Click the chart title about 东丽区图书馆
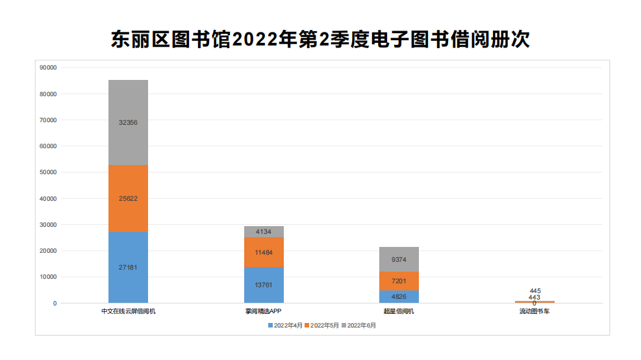pyautogui.click(x=320, y=40)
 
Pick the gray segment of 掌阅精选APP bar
pyautogui.click(x=264, y=231)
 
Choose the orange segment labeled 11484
pyautogui.click(x=264, y=252)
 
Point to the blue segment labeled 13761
pyautogui.click(x=264, y=285)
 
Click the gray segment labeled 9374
pyautogui.click(x=399, y=259)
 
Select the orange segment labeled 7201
pyautogui.click(x=399, y=281)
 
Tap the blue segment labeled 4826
pyautogui.click(x=399, y=296)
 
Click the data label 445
pyautogui.click(x=534, y=290)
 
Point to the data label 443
pyautogui.click(x=534, y=297)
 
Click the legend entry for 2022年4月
pyautogui.click(x=286, y=325)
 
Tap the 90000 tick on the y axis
pyautogui.click(x=48, y=68)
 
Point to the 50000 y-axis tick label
pyautogui.click(x=48, y=172)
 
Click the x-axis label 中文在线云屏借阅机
pyautogui.click(x=128, y=311)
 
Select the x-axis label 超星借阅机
pyautogui.click(x=399, y=311)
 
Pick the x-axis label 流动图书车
pyautogui.click(x=534, y=311)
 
